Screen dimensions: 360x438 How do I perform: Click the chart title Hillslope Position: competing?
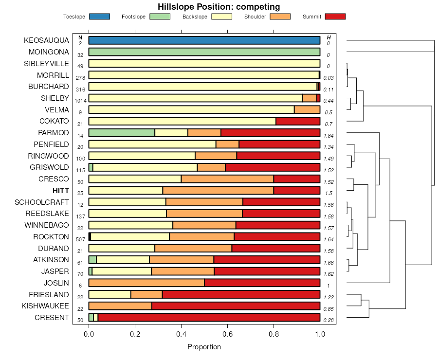(x=219, y=7)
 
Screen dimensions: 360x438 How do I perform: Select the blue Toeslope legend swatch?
(x=99, y=17)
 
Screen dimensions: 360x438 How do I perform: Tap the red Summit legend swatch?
(x=335, y=17)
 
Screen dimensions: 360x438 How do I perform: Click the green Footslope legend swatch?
(x=160, y=17)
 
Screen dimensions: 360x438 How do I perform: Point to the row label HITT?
(x=61, y=191)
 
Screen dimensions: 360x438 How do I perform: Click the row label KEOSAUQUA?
(x=46, y=40)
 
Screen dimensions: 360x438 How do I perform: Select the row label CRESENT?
(x=52, y=318)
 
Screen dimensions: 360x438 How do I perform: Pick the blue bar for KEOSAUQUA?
(x=204, y=40)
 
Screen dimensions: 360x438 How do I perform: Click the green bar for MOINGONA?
(x=204, y=52)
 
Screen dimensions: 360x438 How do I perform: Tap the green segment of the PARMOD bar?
(x=122, y=133)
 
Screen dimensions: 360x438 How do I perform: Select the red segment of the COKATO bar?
(x=298, y=121)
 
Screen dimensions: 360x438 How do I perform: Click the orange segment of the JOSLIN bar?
(x=146, y=283)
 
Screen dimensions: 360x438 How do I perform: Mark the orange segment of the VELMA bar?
(x=307, y=109)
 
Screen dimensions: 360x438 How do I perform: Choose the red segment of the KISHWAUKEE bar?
(x=236, y=306)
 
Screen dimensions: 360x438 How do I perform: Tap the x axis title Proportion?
(x=204, y=347)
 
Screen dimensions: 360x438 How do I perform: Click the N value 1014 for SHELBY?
(x=80, y=101)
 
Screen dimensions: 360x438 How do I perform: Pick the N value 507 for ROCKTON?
(x=80, y=239)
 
